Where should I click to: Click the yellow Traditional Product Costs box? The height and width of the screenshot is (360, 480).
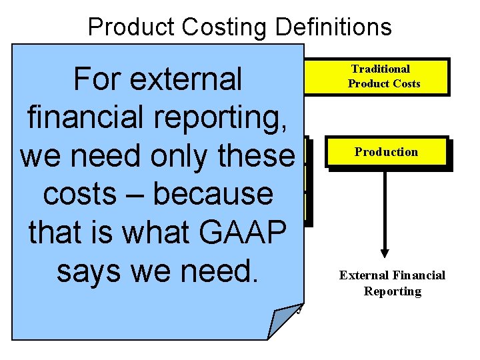(x=383, y=76)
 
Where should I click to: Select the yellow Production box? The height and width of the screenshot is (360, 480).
(x=387, y=153)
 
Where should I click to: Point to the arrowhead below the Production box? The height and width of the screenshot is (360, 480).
(x=385, y=252)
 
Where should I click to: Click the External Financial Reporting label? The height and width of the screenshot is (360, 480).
(x=392, y=283)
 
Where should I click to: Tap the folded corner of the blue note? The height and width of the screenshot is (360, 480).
(x=283, y=321)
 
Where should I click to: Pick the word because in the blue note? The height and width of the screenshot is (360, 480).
(x=213, y=194)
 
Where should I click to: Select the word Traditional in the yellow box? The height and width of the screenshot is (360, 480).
(x=381, y=69)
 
